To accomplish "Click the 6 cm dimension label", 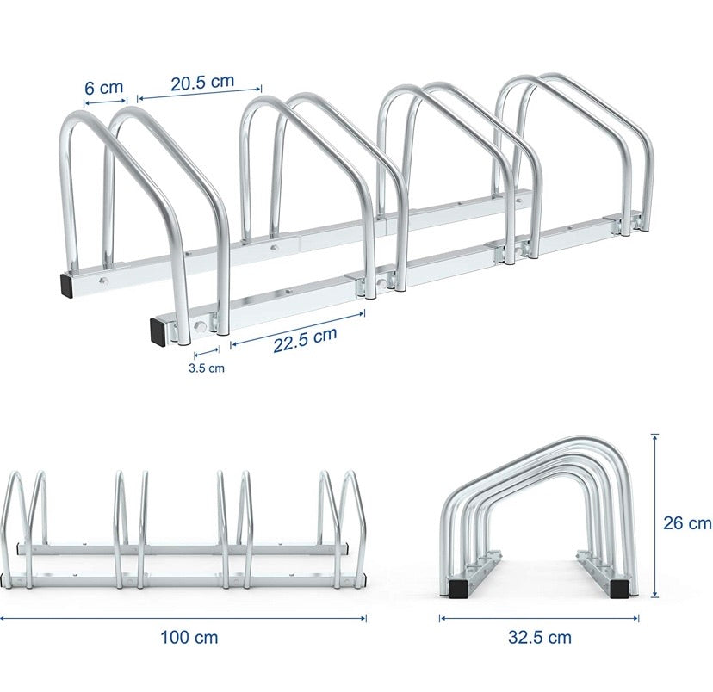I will pyautogui.click(x=103, y=87).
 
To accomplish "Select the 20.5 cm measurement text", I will pyautogui.click(x=201, y=83).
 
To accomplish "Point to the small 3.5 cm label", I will pyautogui.click(x=207, y=368).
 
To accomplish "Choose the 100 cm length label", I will pyautogui.click(x=189, y=638).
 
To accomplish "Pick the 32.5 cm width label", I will pyautogui.click(x=539, y=638).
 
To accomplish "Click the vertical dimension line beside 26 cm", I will pyautogui.click(x=655, y=516).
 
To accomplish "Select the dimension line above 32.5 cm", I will pyautogui.click(x=539, y=616).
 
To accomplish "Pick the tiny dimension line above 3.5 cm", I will pyautogui.click(x=207, y=352).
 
